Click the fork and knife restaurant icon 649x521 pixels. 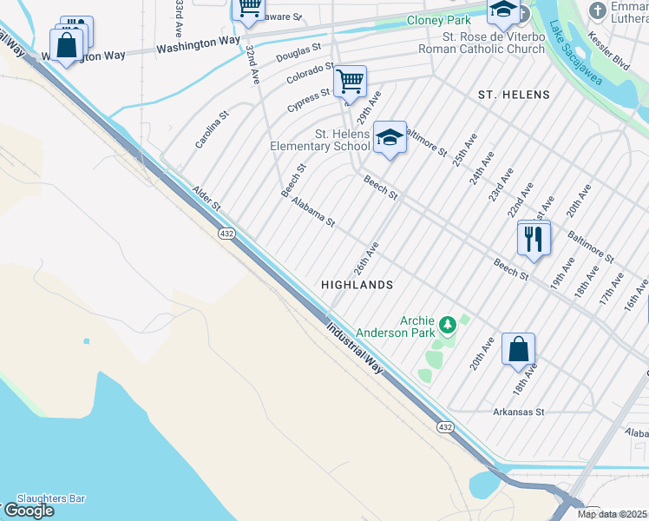tap(533, 237)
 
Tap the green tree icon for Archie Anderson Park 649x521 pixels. tap(448, 326)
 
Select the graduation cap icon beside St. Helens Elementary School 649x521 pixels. tap(390, 137)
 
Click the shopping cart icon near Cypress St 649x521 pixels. tap(350, 82)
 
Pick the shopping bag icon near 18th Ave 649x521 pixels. tap(518, 350)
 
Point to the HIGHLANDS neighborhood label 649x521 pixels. tap(357, 285)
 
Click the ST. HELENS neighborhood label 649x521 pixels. tap(513, 94)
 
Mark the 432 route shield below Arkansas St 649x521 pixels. tap(445, 427)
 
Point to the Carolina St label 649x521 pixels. tap(212, 129)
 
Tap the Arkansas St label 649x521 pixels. tap(518, 412)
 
